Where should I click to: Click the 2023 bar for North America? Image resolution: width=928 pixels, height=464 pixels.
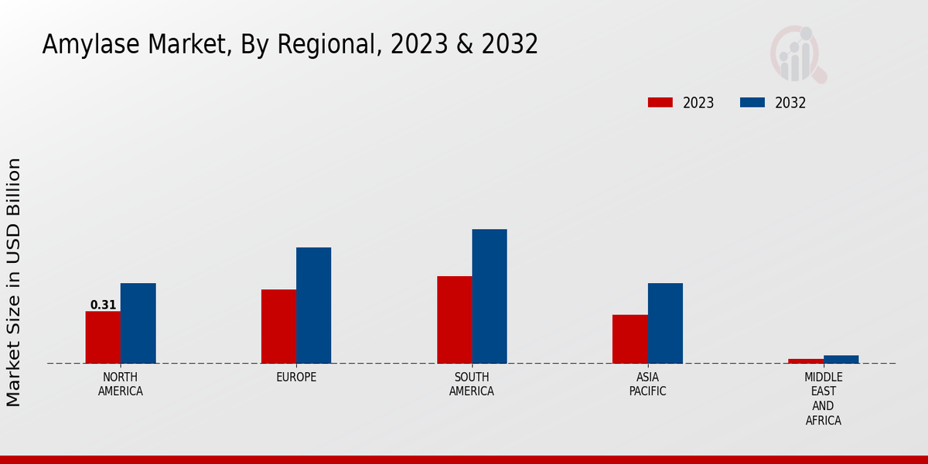coord(103,337)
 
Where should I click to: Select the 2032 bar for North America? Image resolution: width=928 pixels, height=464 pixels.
coord(138,323)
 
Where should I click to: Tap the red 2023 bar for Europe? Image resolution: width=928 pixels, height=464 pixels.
coord(278,326)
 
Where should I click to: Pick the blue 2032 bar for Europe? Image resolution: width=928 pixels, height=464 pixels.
coord(313,305)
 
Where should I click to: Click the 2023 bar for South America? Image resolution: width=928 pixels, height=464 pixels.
coord(454,319)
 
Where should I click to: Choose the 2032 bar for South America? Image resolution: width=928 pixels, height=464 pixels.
coord(490,296)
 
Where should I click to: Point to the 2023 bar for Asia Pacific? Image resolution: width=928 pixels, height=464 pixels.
coord(629,339)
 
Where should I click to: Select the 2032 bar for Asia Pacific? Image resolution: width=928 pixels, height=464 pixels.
coord(665,323)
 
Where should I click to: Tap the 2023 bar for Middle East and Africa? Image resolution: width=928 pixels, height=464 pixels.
coord(806,361)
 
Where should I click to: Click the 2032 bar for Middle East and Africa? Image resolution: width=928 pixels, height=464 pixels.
coord(841,360)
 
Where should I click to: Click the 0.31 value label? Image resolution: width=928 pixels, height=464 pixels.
coord(103,305)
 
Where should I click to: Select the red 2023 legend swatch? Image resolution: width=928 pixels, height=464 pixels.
coord(660,103)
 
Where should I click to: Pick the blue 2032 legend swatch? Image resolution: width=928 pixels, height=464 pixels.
coord(752,103)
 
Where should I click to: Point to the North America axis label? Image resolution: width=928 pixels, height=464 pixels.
coord(121,384)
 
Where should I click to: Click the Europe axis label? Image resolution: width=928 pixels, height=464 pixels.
coord(296,377)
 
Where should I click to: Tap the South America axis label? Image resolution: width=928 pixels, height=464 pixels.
coord(472,384)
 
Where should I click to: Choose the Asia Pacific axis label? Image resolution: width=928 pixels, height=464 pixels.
coord(648,384)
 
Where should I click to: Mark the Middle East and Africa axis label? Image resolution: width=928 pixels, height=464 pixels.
coord(823,399)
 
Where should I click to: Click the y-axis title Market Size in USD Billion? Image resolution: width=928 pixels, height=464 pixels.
coord(14,282)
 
